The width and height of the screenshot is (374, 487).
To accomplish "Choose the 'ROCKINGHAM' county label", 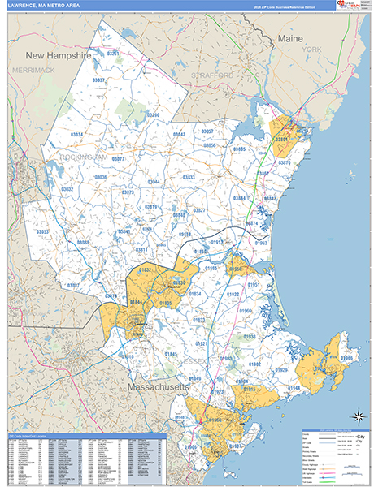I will pos(83,153).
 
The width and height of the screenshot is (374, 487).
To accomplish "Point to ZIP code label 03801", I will pos(282,140).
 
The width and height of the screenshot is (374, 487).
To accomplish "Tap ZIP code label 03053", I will pos(43,231).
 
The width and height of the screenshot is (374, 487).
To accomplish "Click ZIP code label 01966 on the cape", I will pos(347,358).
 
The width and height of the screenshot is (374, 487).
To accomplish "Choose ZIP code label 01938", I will pos(249,336).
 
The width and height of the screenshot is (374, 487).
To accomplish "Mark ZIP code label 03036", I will pos(101,177).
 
